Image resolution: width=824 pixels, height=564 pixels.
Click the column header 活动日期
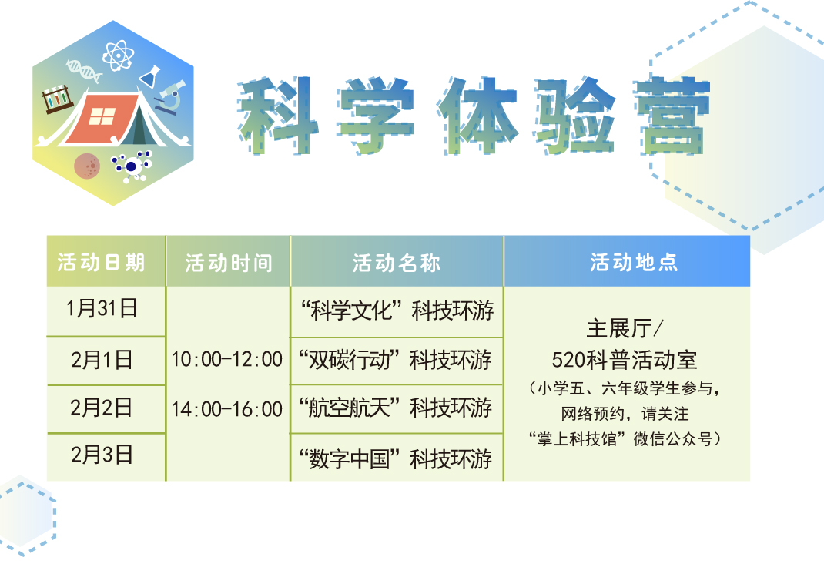[101, 262]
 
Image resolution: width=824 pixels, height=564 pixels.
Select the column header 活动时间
[229, 263]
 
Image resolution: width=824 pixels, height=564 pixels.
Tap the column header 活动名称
[397, 263]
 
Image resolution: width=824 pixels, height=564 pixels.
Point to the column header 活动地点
[634, 262]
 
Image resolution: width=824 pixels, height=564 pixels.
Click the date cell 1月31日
[102, 308]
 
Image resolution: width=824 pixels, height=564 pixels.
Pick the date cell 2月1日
[102, 360]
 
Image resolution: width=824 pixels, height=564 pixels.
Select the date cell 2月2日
[102, 408]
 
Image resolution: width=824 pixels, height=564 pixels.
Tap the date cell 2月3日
[102, 454]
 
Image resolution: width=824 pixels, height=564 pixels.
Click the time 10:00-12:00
[227, 360]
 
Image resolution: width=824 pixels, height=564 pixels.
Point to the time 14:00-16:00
[227, 409]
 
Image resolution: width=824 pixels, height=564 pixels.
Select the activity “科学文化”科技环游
[397, 310]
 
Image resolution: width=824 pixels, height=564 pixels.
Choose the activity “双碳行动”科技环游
[395, 360]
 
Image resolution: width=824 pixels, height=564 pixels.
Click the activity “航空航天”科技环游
[395, 408]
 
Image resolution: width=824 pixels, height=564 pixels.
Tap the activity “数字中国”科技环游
[395, 459]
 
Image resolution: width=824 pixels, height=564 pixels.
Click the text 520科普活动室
[625, 360]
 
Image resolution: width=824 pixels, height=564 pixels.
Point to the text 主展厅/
[625, 328]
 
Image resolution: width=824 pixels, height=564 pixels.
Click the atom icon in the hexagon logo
[119, 55]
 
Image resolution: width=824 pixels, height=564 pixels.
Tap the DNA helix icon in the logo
[84, 71]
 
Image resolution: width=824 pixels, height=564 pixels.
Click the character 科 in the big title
[277, 116]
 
